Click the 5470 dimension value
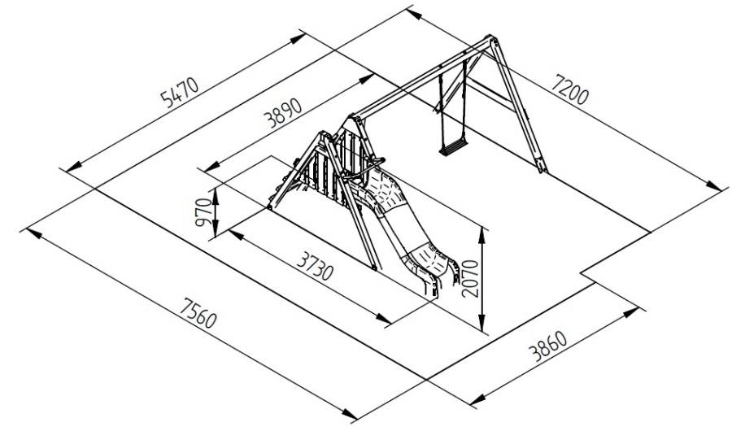(180, 92)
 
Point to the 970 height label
(204, 212)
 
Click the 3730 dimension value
(315, 266)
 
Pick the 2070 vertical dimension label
(470, 279)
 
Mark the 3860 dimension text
(547, 346)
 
